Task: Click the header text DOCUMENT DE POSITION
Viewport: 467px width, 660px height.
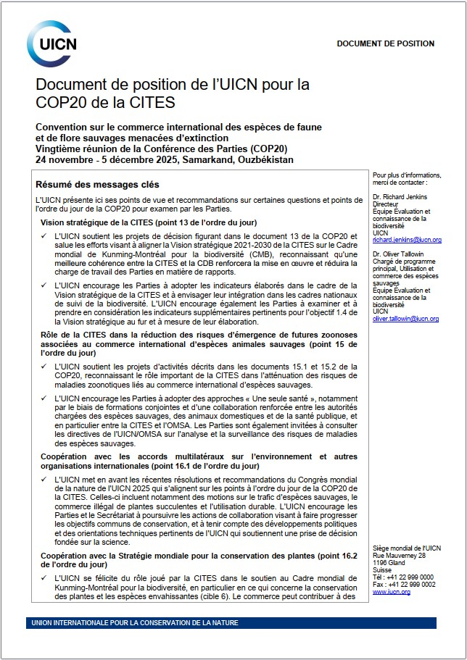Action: point(385,44)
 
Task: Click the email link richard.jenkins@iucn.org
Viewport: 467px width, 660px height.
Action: point(406,240)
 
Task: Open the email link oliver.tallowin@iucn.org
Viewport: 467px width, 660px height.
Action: point(405,318)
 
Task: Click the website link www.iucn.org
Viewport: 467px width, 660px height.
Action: point(391,592)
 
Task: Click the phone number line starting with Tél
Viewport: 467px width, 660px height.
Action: point(403,577)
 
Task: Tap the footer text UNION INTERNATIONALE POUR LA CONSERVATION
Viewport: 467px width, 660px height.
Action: point(135,623)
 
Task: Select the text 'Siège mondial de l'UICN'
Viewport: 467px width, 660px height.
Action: point(406,548)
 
